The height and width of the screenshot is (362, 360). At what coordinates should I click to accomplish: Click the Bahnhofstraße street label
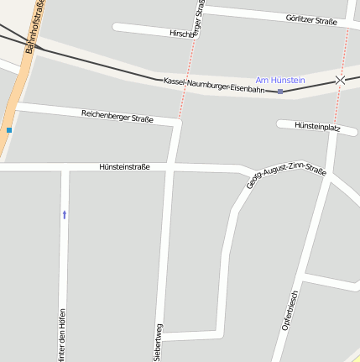pyautogui.click(x=36, y=27)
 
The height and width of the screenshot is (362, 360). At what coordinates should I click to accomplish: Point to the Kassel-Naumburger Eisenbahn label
pyautogui.click(x=214, y=84)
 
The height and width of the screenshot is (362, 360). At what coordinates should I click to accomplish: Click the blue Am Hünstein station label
pyautogui.click(x=280, y=80)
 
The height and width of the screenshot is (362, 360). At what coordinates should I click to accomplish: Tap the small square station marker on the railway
pyautogui.click(x=280, y=91)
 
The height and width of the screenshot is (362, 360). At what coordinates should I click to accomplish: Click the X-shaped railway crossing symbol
pyautogui.click(x=340, y=81)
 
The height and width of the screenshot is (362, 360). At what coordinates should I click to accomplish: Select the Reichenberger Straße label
pyautogui.click(x=117, y=115)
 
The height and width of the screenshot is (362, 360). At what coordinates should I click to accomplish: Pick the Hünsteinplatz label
pyautogui.click(x=317, y=126)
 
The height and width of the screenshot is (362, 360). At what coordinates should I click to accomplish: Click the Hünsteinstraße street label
pyautogui.click(x=124, y=166)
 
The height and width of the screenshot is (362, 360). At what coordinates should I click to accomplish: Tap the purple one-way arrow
pyautogui.click(x=65, y=214)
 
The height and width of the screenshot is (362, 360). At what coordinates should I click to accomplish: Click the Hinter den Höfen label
pyautogui.click(x=61, y=336)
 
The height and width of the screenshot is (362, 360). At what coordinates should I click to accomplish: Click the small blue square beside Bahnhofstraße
pyautogui.click(x=9, y=130)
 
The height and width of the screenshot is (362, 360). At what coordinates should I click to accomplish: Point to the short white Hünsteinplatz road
pyautogui.click(x=285, y=124)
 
